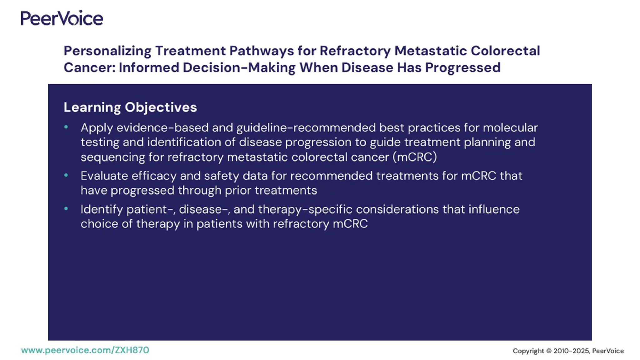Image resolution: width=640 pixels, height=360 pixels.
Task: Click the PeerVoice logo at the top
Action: click(62, 18)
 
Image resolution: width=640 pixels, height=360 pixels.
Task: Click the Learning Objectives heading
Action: click(130, 107)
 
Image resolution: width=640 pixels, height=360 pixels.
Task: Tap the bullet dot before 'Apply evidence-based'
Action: click(66, 127)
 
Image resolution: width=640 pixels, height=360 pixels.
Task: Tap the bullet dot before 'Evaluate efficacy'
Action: click(66, 175)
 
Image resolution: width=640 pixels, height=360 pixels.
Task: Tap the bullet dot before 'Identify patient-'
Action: click(66, 208)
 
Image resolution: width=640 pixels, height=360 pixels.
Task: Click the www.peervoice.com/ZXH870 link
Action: click(85, 350)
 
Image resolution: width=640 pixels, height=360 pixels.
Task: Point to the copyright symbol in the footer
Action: click(549, 351)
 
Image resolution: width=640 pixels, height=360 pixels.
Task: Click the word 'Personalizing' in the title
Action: click(107, 51)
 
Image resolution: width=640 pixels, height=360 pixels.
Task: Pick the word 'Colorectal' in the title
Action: click(505, 51)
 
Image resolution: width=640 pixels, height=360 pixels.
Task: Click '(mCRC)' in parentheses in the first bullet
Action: click(415, 157)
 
